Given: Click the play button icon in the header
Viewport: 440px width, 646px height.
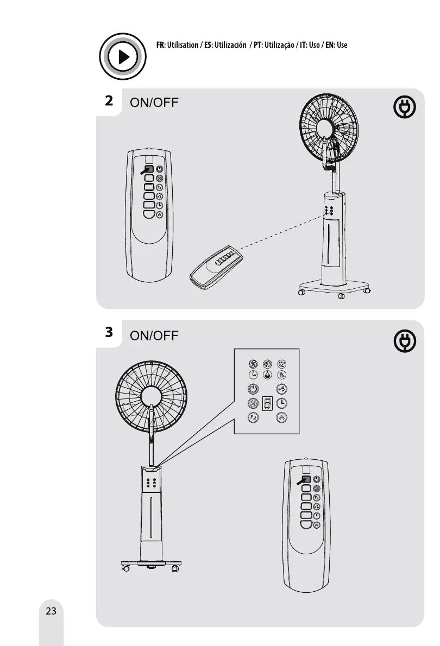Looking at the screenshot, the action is [x=123, y=56].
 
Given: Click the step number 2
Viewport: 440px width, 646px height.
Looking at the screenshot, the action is [x=110, y=100].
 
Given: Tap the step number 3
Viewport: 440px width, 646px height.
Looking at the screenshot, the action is [x=110, y=331].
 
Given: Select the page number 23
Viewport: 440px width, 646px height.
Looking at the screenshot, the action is [x=51, y=611].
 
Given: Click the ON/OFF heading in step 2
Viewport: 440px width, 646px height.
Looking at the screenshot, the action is [x=154, y=103].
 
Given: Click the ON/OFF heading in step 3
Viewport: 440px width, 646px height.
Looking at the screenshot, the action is [x=154, y=335].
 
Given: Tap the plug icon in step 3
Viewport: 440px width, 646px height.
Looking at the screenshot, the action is [x=405, y=341].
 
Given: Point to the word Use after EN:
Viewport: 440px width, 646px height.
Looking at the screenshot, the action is [x=342, y=45].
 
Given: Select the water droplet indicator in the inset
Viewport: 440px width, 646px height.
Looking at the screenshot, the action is [x=267, y=375].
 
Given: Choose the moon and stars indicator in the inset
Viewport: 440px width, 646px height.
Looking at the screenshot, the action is [x=281, y=364].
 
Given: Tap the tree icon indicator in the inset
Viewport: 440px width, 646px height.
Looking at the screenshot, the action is [x=267, y=364].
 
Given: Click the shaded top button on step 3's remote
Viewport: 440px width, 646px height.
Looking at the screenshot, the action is [x=306, y=479].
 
